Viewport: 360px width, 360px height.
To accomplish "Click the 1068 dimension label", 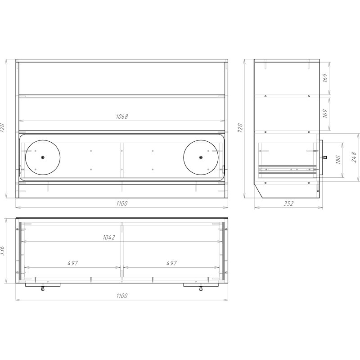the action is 121,117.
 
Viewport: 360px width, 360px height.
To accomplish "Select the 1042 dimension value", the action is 109,238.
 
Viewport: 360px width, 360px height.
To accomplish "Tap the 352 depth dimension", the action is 288,203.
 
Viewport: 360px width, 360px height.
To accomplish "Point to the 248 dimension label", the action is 354,157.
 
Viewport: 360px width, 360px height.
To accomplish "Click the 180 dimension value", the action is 338,160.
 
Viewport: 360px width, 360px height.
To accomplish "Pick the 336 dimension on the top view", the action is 2,251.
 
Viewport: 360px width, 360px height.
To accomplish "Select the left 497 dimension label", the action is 73,263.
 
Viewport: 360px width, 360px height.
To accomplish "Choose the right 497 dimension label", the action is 171,263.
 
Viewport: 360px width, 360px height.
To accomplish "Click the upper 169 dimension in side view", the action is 325,78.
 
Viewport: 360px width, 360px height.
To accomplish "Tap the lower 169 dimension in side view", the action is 325,114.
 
